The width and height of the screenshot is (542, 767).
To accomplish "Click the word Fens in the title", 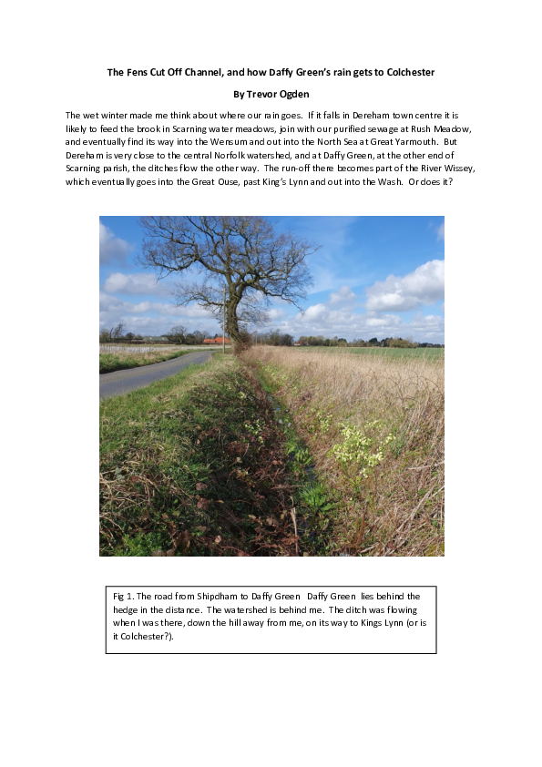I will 133,72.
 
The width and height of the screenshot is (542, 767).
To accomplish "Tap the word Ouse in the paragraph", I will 232,182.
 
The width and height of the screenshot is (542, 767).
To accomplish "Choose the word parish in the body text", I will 128,169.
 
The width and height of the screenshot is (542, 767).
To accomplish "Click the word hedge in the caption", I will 125,609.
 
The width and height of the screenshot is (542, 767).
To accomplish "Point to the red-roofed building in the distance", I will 215,341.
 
